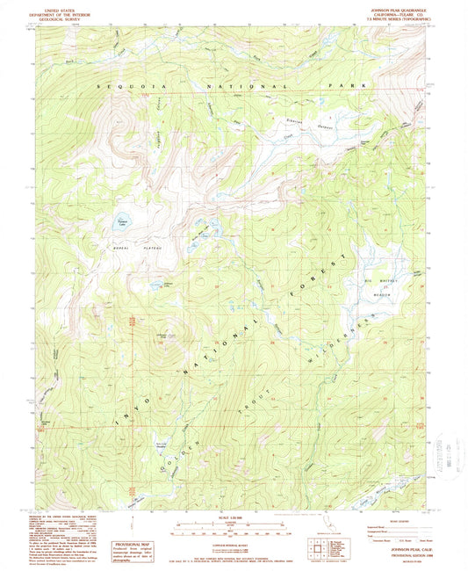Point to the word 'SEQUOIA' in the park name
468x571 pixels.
click(127, 89)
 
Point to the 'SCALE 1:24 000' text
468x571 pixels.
click(234, 517)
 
